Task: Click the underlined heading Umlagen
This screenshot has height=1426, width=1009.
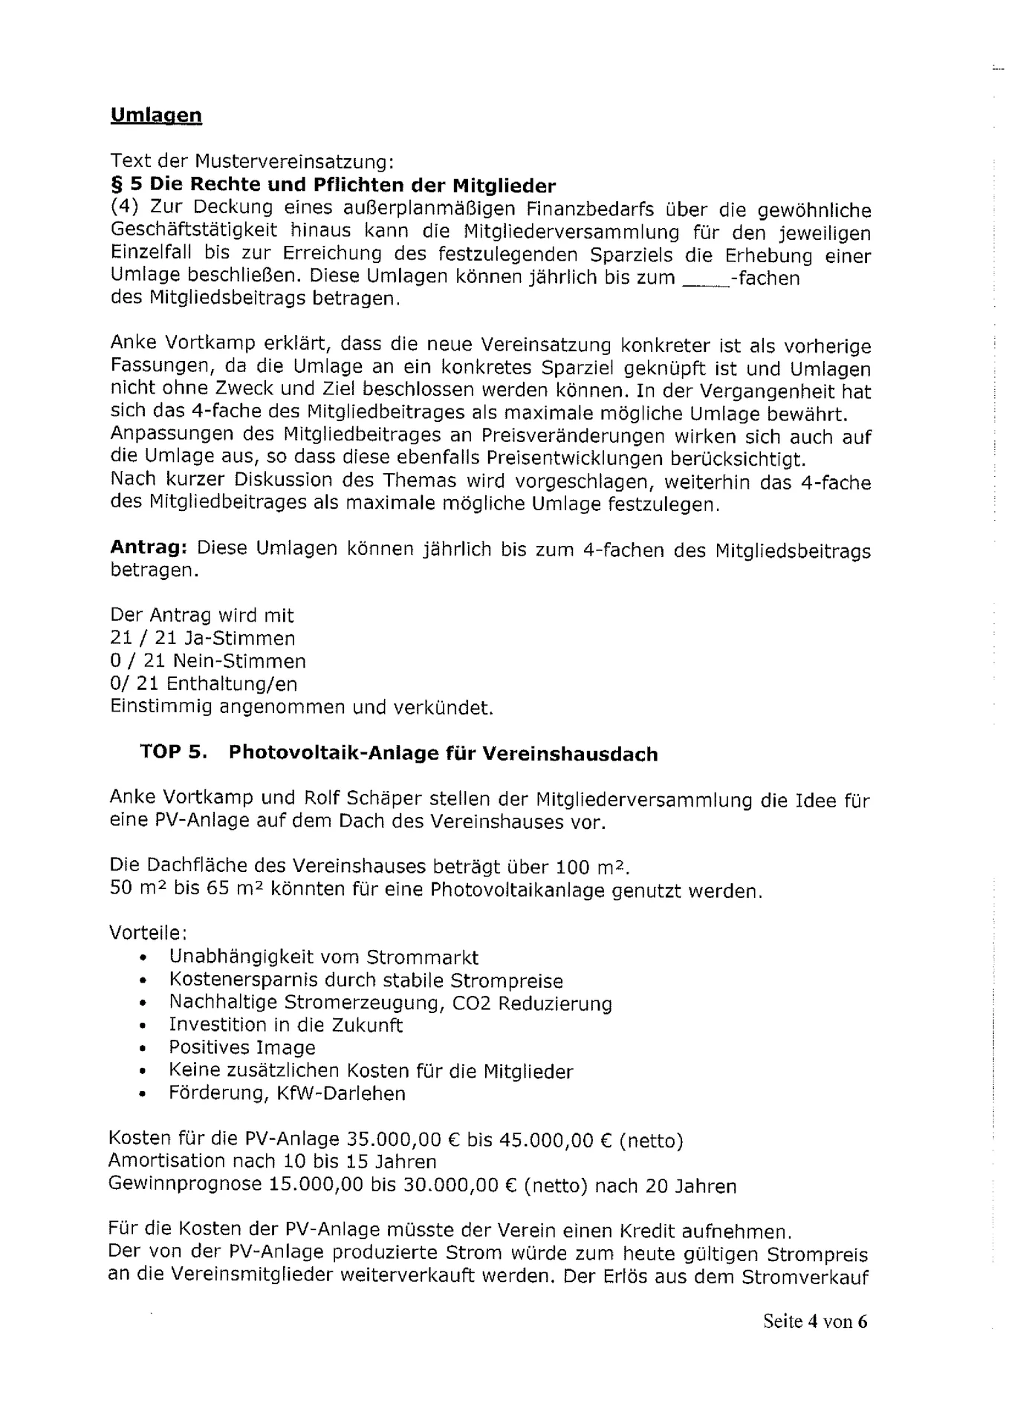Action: point(156,115)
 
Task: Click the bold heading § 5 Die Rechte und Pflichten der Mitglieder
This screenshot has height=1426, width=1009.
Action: point(333,185)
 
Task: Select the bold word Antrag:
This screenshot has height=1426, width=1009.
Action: point(148,548)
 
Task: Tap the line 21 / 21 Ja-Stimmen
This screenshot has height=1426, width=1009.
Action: point(202,638)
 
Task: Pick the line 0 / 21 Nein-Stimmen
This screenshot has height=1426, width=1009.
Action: point(207,661)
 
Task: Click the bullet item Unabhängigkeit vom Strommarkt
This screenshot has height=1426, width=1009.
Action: point(323,957)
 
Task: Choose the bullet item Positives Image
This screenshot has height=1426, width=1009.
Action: point(241,1047)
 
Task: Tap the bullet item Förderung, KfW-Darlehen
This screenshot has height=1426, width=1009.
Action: point(287,1093)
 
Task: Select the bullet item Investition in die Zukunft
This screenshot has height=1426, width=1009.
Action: point(285,1025)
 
